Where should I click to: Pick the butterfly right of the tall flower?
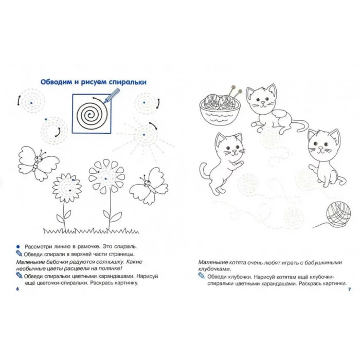click(x=149, y=186)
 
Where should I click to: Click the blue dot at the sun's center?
click(x=143, y=135)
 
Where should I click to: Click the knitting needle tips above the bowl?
click(x=237, y=89)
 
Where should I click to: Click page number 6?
click(x=17, y=289)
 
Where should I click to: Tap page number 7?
click(x=349, y=289)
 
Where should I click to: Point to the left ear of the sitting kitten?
click(x=312, y=135)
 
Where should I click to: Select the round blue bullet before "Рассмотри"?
click(x=18, y=247)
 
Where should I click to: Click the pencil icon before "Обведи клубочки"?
click(x=201, y=276)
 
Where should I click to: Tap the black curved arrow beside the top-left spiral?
click(x=18, y=101)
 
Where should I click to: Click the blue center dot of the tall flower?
click(x=105, y=178)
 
